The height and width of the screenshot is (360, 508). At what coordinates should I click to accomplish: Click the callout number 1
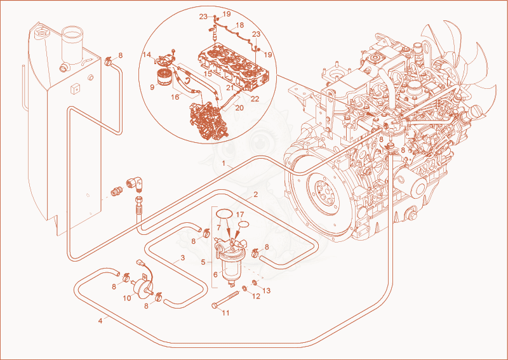[x=224, y=163]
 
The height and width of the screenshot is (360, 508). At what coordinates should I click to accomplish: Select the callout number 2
[x=256, y=195]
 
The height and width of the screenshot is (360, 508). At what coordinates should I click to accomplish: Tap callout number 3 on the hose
[x=183, y=258]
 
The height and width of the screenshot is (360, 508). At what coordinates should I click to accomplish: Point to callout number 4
[x=100, y=321]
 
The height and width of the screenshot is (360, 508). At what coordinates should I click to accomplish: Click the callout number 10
[x=128, y=298]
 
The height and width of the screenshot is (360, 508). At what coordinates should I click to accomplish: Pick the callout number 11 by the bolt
[x=225, y=312]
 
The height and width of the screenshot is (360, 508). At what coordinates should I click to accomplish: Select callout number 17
[x=240, y=215]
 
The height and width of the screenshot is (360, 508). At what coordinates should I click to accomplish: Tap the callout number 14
[x=147, y=55]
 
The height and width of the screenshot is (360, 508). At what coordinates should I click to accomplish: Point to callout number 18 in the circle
[x=240, y=25]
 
